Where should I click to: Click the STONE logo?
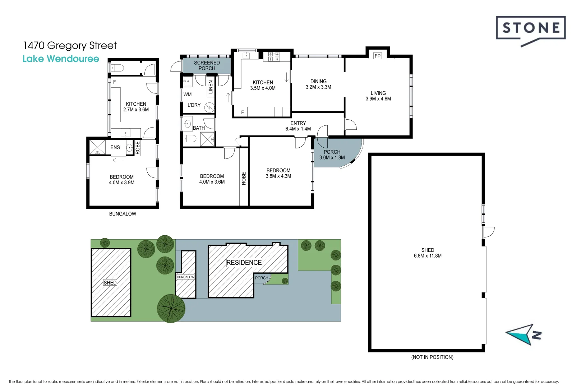(x=531, y=31)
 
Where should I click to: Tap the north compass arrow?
(x=524, y=334)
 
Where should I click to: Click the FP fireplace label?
(x=378, y=56)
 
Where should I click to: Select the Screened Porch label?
(x=207, y=65)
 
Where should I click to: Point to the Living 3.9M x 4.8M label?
(x=378, y=96)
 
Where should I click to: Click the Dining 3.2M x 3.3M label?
(x=318, y=84)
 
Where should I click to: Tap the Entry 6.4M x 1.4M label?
(x=298, y=126)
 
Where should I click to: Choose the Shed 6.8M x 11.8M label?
(x=428, y=253)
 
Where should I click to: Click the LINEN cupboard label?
(x=211, y=87)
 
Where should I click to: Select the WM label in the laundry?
(x=187, y=94)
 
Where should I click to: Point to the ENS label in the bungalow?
(x=115, y=147)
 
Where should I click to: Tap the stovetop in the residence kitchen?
(x=274, y=57)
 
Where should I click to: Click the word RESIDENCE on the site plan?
(x=244, y=263)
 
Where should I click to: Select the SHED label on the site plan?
(x=110, y=283)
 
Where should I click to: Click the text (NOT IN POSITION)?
(x=432, y=357)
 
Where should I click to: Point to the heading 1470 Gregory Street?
(x=70, y=46)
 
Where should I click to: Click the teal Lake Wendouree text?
(x=61, y=59)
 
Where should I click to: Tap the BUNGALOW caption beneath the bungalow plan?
(x=123, y=214)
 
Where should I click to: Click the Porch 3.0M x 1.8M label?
(x=332, y=154)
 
